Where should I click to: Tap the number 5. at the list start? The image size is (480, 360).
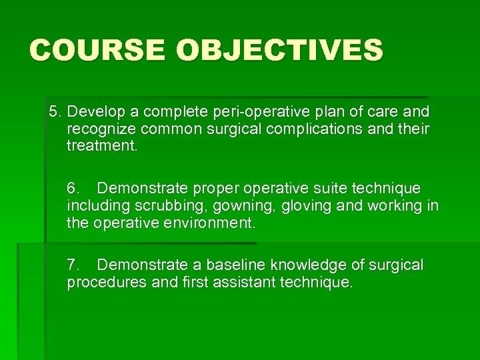coord(56,111)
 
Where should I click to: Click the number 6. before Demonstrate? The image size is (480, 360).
coord(74,189)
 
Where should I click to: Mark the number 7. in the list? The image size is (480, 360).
coord(74,265)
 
